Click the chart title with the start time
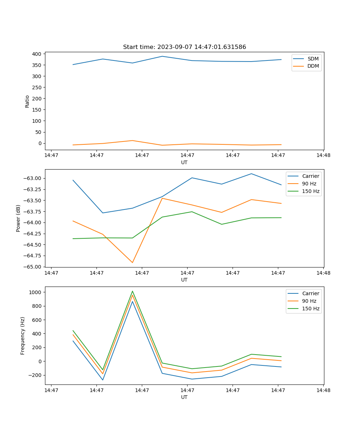184,47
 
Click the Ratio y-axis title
27,102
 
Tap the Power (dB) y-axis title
18,218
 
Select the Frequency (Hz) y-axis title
23,336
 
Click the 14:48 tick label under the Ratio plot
323,156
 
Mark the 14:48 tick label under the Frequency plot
323,390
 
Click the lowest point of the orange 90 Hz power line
132,262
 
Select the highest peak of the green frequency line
132,291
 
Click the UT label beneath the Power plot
184,280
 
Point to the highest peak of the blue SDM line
162,56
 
